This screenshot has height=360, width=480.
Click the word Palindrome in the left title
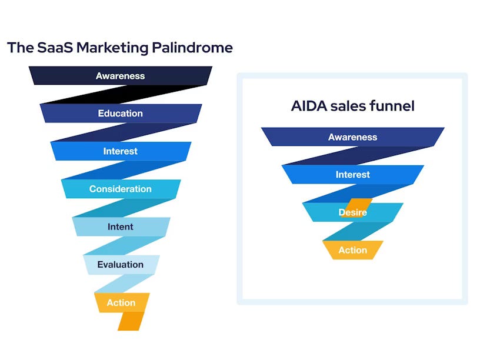(x=192, y=48)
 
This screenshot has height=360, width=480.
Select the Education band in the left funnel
(x=121, y=114)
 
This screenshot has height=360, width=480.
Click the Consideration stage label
(x=121, y=189)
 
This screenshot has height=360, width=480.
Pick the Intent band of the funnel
(x=121, y=226)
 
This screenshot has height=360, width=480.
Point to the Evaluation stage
(x=121, y=265)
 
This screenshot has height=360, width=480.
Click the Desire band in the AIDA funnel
(x=353, y=212)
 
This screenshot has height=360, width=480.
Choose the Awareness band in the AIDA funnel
(x=353, y=137)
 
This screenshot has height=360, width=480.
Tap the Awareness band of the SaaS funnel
(x=121, y=76)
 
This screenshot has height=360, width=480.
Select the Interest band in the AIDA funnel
(x=353, y=175)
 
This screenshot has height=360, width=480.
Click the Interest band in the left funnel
(x=121, y=151)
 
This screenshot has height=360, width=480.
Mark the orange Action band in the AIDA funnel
(x=353, y=250)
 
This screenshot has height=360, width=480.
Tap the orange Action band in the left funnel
(x=121, y=303)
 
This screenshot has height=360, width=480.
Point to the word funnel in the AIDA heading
(x=395, y=106)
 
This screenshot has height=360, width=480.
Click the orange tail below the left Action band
(x=131, y=321)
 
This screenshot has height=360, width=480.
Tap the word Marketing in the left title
(x=111, y=48)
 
